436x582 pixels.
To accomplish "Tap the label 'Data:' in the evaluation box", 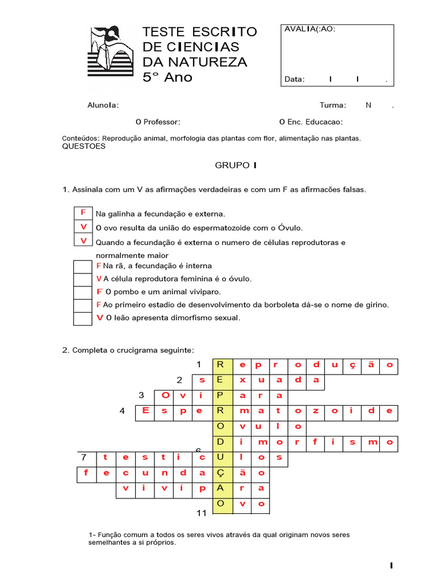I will [295, 80].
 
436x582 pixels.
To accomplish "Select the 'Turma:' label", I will [333, 105].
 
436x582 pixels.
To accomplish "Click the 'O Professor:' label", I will [158, 122].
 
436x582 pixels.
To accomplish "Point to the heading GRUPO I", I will [236, 165].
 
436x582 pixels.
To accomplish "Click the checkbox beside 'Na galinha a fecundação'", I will [83, 213].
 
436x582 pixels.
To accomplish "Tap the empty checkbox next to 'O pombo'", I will [83, 292].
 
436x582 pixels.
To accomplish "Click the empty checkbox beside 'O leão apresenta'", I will [83, 318].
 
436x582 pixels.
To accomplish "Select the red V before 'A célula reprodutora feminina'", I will [99, 278].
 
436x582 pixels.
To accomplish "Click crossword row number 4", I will [123, 411].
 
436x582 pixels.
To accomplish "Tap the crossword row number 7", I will [83, 457].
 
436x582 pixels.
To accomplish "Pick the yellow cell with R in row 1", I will [222, 365].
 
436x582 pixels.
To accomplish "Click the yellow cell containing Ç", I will [222, 472].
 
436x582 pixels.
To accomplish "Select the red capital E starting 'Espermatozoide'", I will [145, 410].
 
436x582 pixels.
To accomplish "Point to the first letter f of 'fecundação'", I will [86, 472].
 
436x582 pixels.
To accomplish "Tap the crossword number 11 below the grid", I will [201, 513].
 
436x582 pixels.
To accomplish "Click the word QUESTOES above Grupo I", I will [83, 146].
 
